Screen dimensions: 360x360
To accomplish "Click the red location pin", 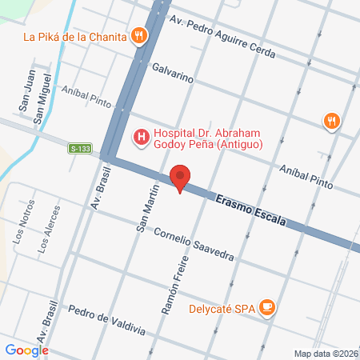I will [181, 178].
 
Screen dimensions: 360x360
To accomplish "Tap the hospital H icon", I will [142, 137].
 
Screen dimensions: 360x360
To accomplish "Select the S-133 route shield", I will [79, 148].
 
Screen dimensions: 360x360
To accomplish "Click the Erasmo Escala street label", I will [250, 212].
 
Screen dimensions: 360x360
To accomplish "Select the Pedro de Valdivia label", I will [106, 320].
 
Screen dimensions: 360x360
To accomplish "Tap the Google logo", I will [26, 350].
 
